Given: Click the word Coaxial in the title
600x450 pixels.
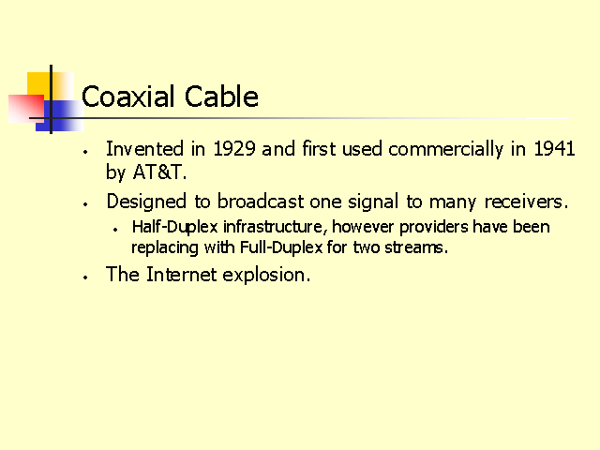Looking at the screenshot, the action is point(128,96).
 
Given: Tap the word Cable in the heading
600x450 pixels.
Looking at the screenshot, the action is point(221,96).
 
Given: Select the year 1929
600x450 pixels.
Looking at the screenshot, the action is point(233,148).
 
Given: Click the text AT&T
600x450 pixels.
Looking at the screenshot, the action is point(159,172).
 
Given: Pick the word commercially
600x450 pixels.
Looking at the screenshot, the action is point(446,149).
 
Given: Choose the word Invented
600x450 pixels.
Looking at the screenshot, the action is point(144,148).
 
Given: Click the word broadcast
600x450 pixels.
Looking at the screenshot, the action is point(261,202).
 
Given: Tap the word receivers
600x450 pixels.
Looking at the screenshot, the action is point(525,202).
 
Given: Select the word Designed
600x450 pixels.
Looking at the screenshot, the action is point(146,202).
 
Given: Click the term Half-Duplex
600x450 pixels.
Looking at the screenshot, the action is point(175,227).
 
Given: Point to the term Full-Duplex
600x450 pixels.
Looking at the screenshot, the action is point(281,247).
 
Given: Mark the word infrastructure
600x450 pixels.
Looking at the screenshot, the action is point(275,227).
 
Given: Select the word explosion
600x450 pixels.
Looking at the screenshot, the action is point(266,275).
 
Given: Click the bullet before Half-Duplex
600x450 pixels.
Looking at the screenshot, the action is point(115,230).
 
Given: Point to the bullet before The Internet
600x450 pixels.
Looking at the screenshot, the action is point(85,277).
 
